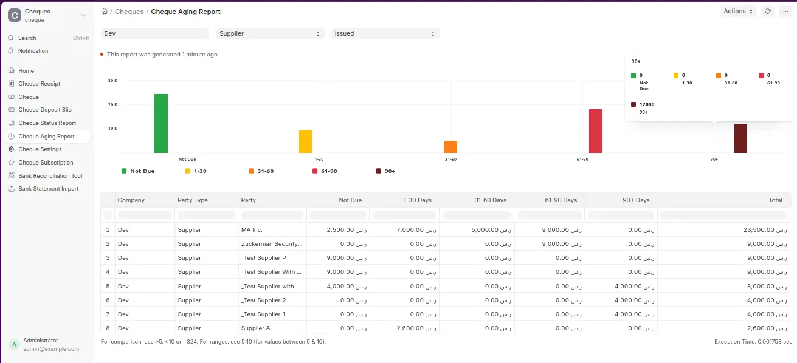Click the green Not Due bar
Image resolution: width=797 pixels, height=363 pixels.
click(161, 123)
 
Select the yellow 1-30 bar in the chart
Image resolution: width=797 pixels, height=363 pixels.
click(306, 141)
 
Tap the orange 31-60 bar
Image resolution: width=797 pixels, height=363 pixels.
click(451, 147)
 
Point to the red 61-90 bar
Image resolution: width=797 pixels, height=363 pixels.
click(596, 131)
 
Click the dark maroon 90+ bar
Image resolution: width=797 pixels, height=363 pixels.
click(741, 138)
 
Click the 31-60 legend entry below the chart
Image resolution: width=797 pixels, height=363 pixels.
click(261, 171)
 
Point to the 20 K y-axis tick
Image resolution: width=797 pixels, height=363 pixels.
click(113, 104)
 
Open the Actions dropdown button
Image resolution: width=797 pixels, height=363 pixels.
click(738, 12)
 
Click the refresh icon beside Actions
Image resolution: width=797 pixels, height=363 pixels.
click(768, 12)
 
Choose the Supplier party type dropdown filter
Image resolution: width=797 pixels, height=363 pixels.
click(270, 34)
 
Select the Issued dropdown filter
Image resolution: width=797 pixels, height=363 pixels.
click(385, 34)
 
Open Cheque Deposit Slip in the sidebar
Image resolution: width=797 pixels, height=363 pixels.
click(45, 110)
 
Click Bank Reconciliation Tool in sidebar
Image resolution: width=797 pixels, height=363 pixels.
click(50, 176)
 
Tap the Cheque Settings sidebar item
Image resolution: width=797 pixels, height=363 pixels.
click(40, 149)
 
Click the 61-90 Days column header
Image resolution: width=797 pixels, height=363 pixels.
click(561, 200)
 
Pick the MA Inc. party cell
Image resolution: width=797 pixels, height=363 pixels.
click(252, 230)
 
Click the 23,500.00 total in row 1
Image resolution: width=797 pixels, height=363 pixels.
click(765, 230)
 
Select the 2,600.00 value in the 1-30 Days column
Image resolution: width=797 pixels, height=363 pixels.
click(416, 328)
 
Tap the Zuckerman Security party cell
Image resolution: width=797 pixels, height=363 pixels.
click(272, 243)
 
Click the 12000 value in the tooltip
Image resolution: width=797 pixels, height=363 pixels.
click(647, 104)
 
